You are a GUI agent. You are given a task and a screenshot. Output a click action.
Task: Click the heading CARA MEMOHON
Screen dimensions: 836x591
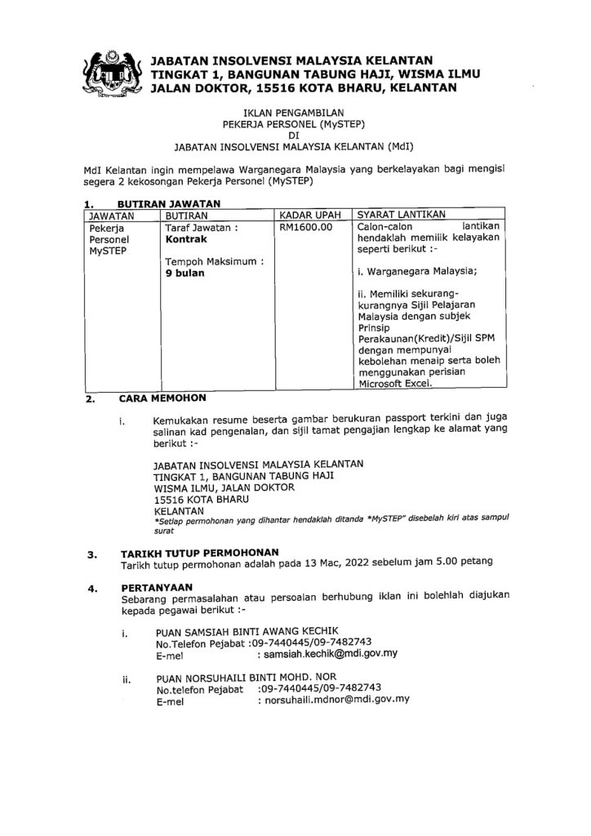coord(162,398)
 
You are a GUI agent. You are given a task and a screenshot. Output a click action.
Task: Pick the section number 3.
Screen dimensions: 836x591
coord(91,554)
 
